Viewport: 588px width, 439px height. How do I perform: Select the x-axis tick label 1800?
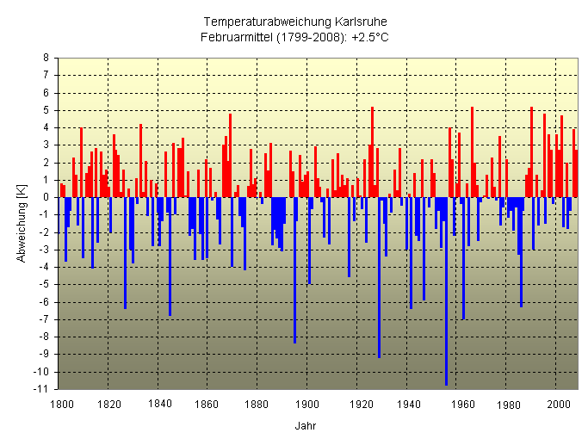pos(60,403)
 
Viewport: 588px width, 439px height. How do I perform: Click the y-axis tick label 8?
pos(46,58)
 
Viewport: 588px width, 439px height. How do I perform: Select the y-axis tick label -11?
pos(42,389)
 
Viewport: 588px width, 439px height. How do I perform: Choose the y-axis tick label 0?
pos(46,197)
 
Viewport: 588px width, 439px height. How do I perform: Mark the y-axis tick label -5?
pos(43,285)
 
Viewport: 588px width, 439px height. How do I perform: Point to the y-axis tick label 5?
pos(46,110)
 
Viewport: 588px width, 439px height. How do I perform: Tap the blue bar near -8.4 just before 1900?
pos(294,270)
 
